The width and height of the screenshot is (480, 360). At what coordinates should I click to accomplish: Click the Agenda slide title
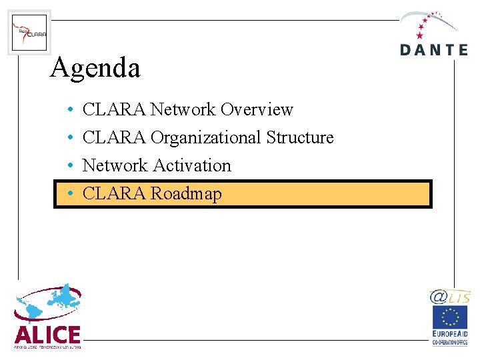tap(95, 67)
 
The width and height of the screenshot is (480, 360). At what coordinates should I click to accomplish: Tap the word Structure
tap(300, 137)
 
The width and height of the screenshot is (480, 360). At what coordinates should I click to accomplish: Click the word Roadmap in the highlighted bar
tap(186, 194)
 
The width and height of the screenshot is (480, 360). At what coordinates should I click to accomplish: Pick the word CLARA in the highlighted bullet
tap(113, 194)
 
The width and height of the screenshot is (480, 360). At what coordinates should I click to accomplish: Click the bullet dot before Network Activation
tap(69, 166)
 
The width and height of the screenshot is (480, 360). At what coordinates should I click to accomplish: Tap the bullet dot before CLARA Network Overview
tap(69, 110)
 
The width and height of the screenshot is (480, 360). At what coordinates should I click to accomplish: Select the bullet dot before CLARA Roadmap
tap(69, 195)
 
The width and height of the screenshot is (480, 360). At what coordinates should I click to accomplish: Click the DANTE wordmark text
tap(433, 50)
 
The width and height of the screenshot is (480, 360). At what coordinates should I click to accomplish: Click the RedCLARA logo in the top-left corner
tap(29, 32)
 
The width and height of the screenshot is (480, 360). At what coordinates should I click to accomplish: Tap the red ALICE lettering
tap(47, 334)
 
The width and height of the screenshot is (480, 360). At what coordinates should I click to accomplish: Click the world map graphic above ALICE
tap(48, 304)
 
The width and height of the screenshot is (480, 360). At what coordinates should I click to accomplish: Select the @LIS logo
tap(449, 297)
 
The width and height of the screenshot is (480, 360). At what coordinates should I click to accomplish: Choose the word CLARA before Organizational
tap(113, 138)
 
